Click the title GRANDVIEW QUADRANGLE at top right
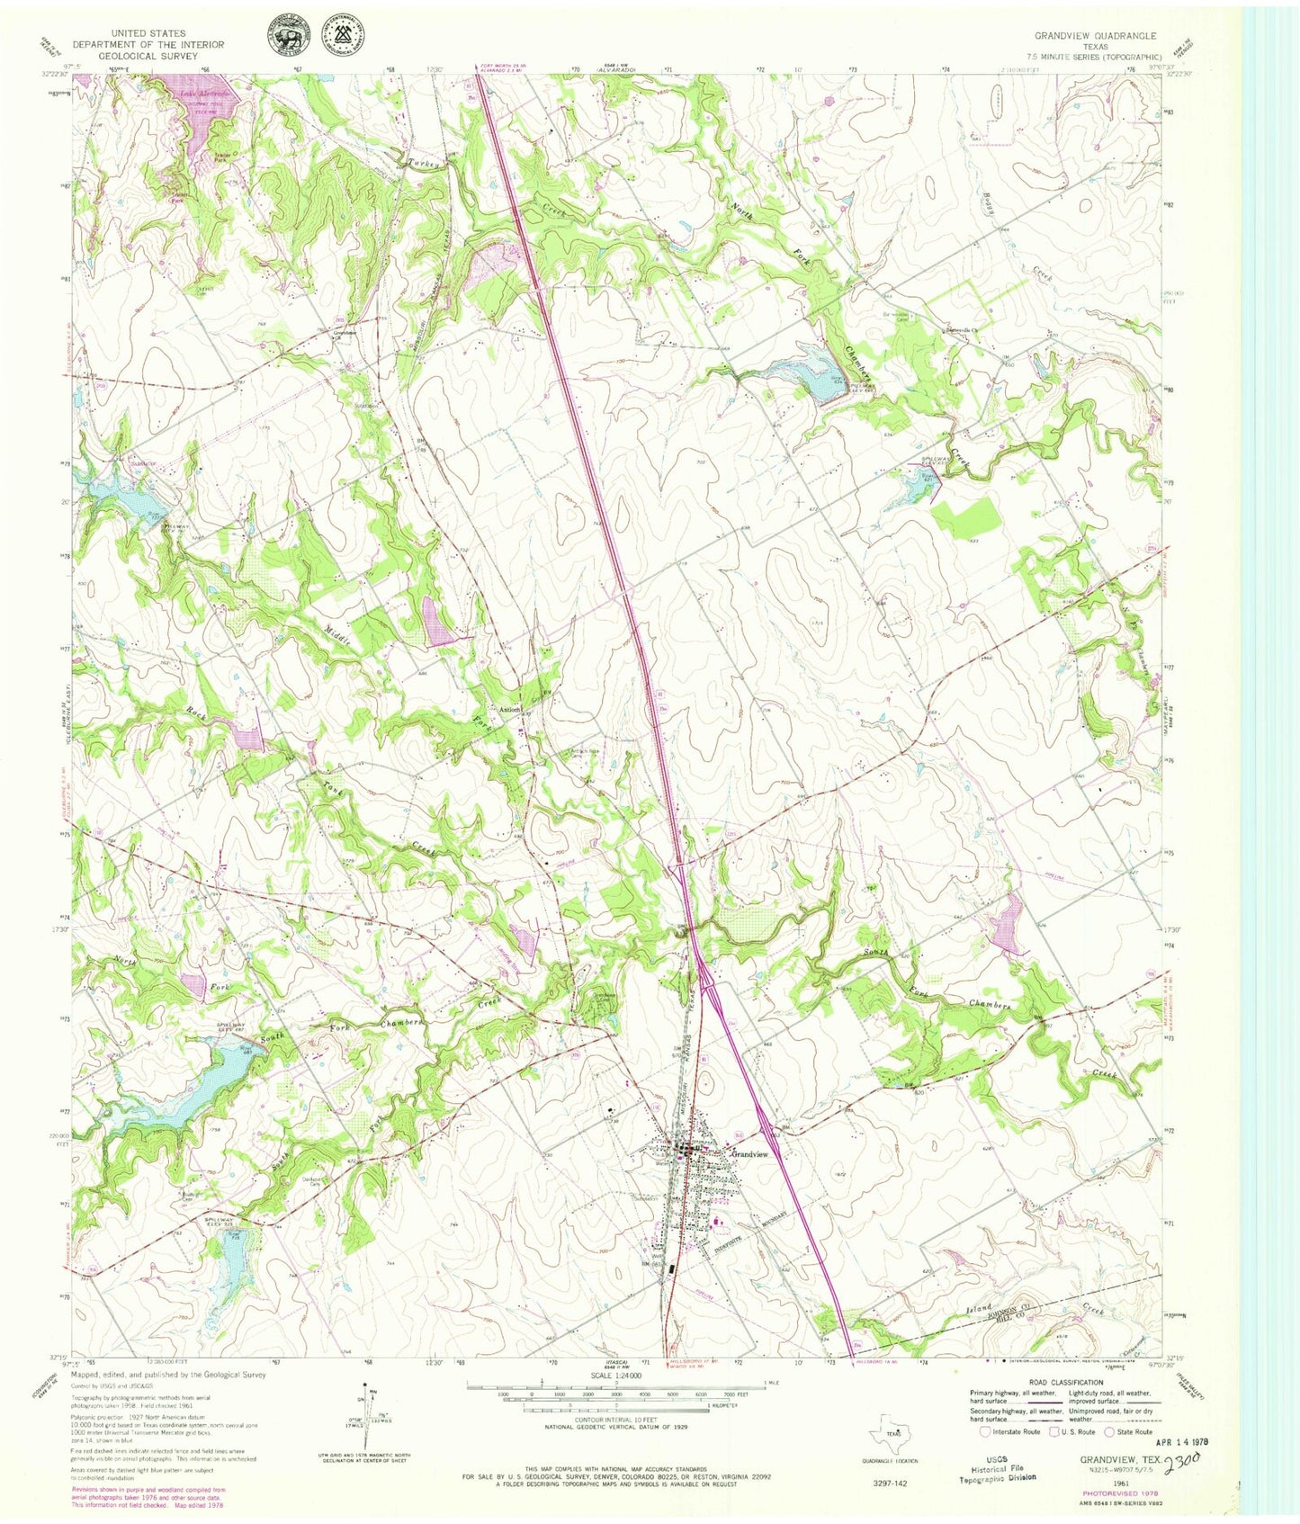point(1094,36)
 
